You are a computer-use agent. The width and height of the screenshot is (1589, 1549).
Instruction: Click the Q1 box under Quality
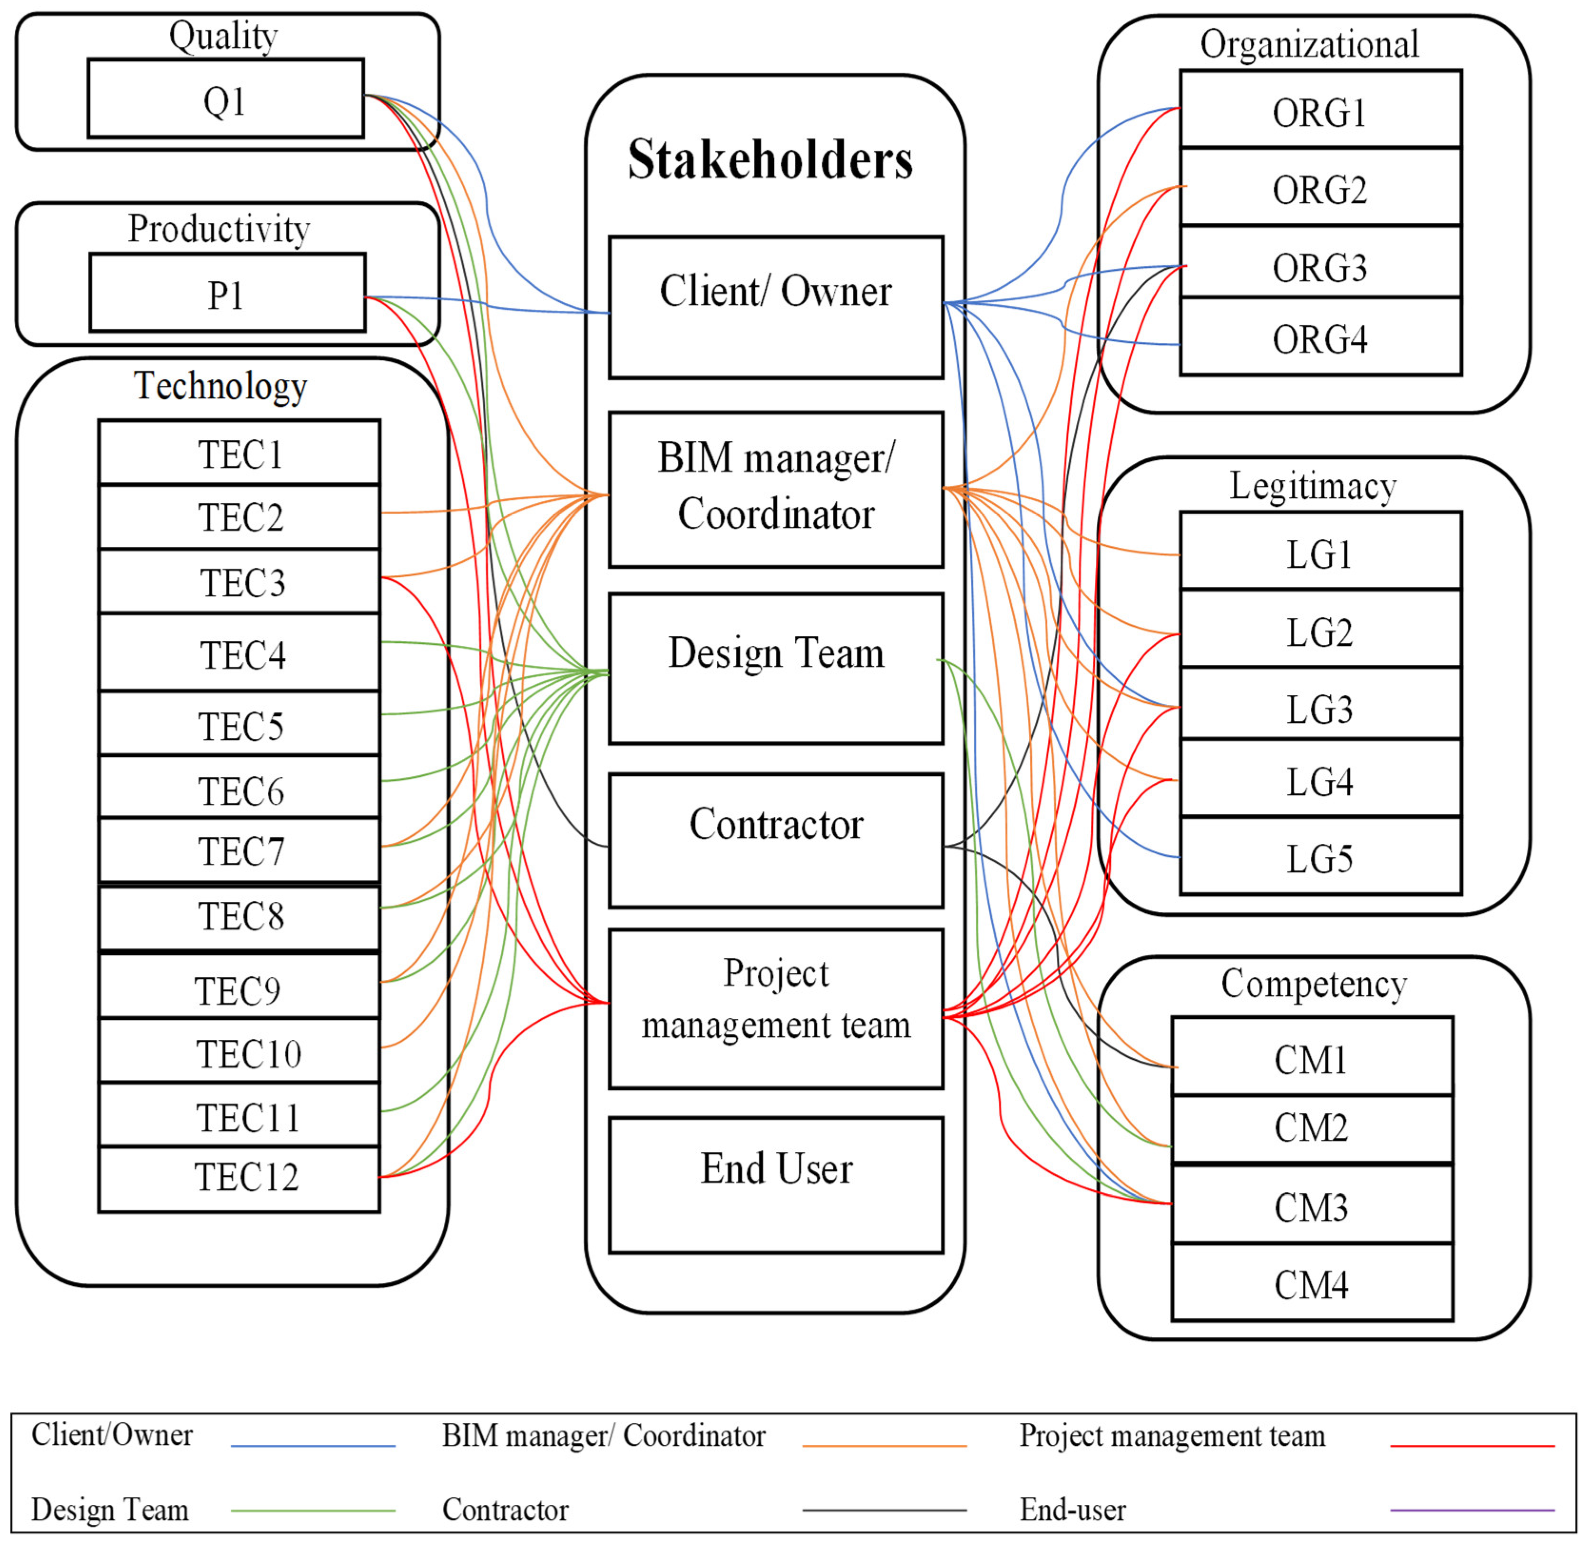(x=225, y=99)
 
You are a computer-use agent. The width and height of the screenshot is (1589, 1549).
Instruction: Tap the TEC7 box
(x=239, y=850)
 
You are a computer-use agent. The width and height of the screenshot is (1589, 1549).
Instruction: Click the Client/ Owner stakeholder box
(x=776, y=307)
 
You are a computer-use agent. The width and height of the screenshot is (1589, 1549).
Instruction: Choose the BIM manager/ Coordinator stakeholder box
(x=776, y=489)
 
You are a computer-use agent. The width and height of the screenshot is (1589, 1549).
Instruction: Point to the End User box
(x=776, y=1184)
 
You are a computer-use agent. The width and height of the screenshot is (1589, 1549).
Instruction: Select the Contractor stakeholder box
(x=776, y=840)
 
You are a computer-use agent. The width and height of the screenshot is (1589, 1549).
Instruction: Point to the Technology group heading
(x=220, y=385)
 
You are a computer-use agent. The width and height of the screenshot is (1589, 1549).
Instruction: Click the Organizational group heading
(x=1309, y=44)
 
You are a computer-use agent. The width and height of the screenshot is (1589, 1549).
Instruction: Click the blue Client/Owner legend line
(x=313, y=1446)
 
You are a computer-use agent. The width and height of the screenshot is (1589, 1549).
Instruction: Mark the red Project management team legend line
(x=1472, y=1446)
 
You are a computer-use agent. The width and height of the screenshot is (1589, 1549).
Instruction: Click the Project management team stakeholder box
(x=776, y=1009)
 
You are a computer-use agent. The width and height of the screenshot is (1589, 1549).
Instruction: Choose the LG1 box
(x=1320, y=553)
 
